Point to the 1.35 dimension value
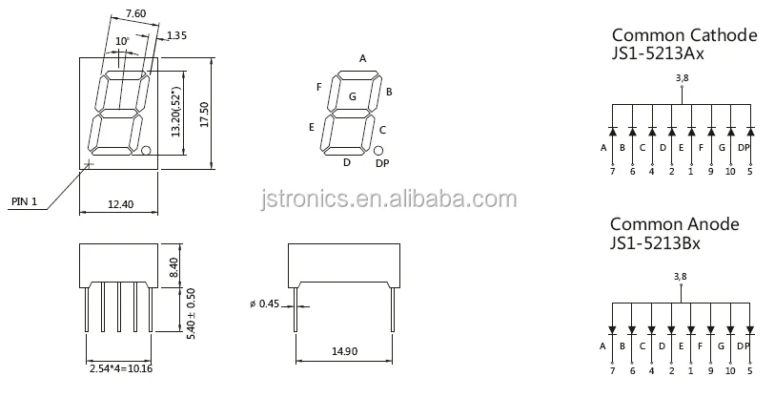click(x=177, y=36)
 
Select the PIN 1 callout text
click(x=24, y=202)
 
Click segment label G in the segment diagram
click(x=353, y=96)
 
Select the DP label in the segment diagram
click(x=382, y=164)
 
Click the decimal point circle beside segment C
click(x=378, y=151)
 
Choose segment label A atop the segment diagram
click(x=362, y=58)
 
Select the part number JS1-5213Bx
click(x=656, y=244)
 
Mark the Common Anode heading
click(x=674, y=224)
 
